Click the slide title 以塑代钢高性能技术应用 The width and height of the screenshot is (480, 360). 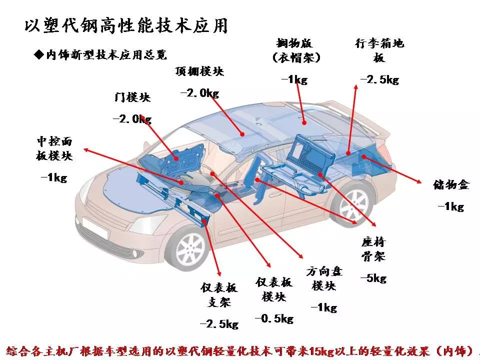tap(126, 25)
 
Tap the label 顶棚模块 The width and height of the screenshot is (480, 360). tap(199, 71)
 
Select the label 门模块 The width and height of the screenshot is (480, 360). tap(132, 97)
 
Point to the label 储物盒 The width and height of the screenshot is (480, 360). tap(451, 184)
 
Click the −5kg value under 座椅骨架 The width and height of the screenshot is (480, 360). tap(373, 278)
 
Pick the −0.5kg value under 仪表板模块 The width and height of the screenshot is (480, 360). tap(274, 318)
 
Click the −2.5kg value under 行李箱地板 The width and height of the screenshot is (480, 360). tap(379, 79)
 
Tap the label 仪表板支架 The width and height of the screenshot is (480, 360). tap(219, 295)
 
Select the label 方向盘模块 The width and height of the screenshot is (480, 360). tap(324, 278)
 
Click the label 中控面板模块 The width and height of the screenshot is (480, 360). tap(54, 148)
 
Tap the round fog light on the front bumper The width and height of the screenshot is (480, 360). tap(135, 253)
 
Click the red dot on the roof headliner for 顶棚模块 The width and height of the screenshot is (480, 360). tap(242, 134)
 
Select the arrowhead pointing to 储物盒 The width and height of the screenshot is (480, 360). tap(418, 181)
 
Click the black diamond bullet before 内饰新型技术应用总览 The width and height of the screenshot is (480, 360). tap(39, 55)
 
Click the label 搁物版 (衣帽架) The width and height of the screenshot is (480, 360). tap(295, 50)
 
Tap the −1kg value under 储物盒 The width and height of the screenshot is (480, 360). tap(451, 206)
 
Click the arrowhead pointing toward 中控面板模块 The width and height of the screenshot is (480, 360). tap(87, 149)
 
